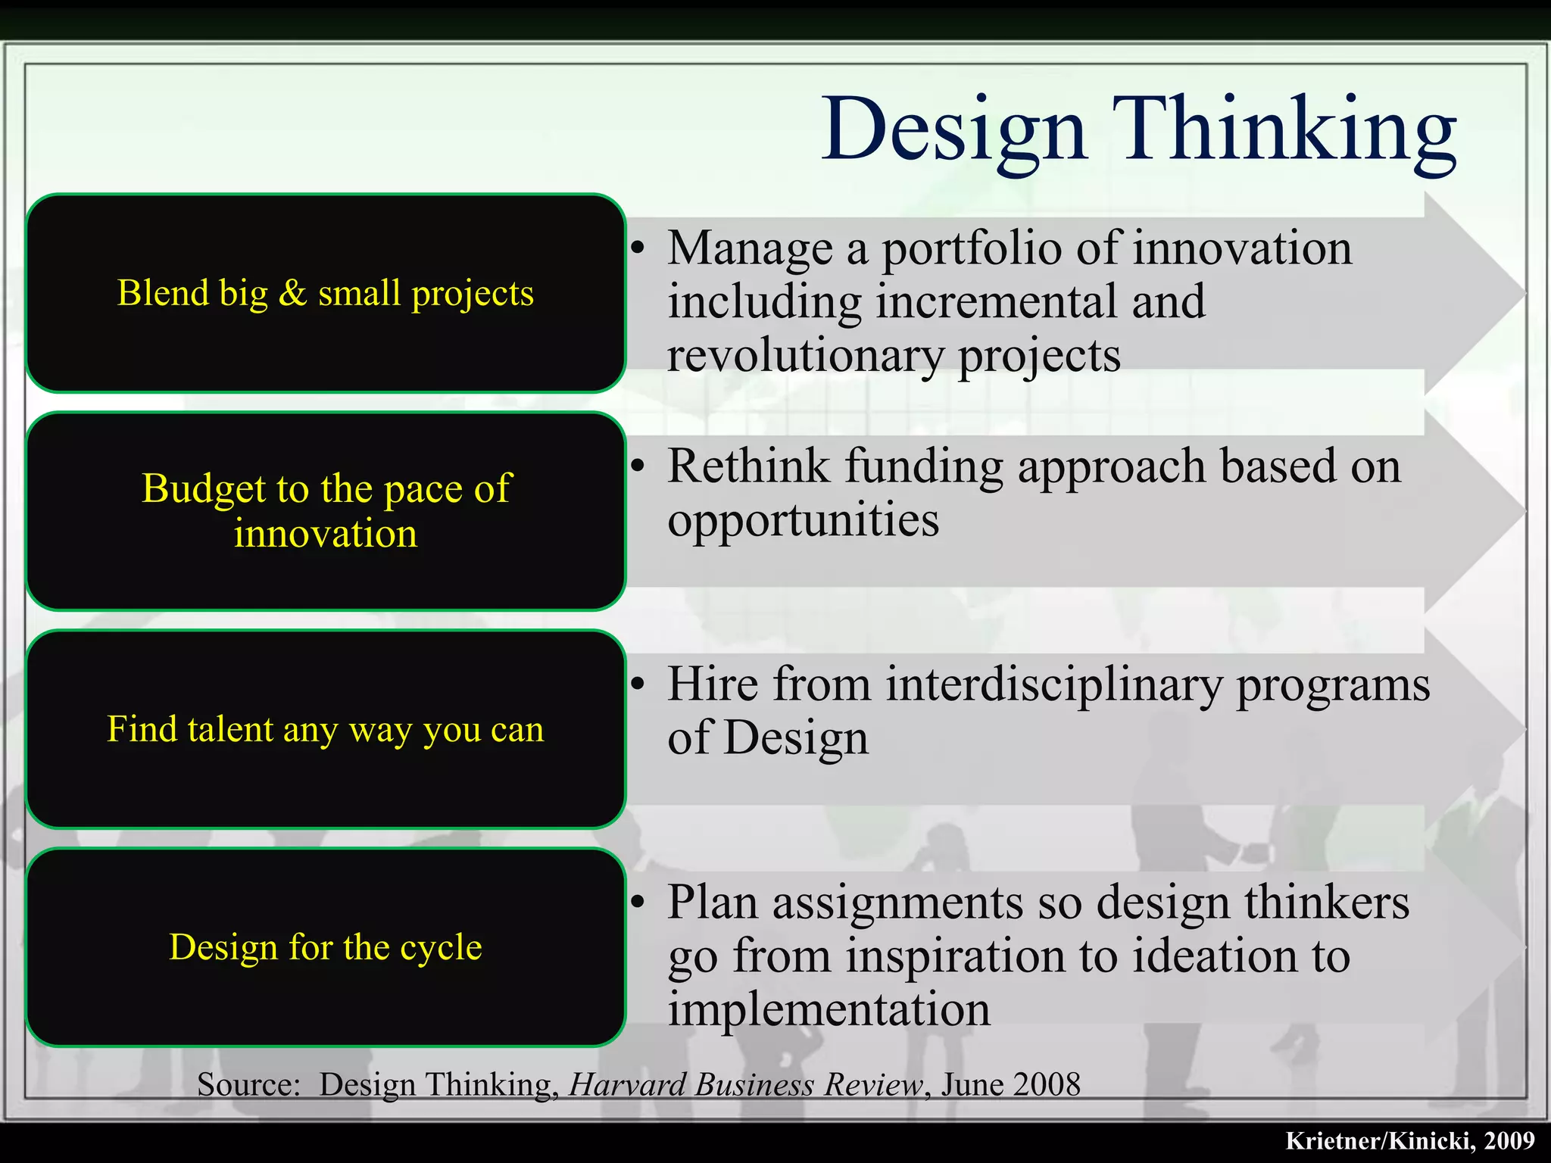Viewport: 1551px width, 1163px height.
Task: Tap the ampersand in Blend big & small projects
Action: tap(292, 293)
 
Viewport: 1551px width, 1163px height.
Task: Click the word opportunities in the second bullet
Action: tap(803, 521)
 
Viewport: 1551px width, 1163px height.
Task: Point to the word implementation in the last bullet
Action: tap(829, 1010)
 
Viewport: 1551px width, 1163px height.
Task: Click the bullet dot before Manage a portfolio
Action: tap(638, 248)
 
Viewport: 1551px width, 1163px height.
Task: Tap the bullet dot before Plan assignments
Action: tap(638, 903)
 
